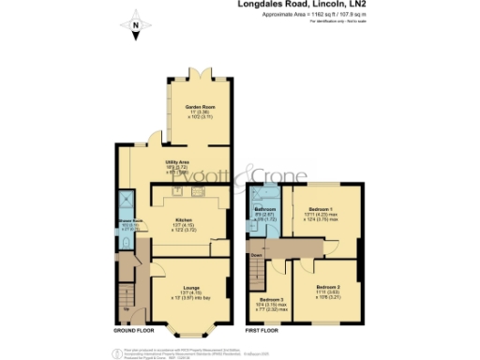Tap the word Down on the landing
[257, 254]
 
